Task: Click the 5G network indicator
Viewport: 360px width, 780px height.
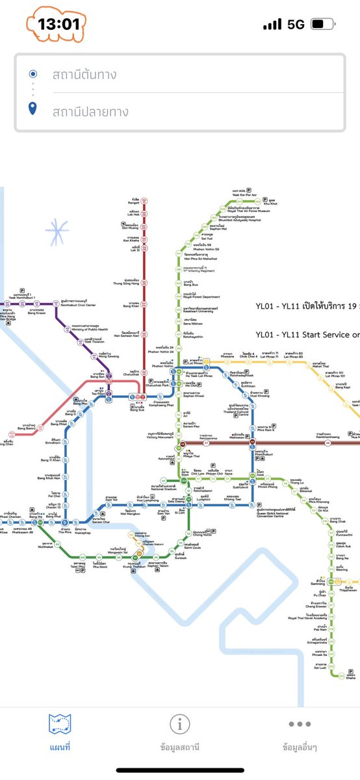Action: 296,25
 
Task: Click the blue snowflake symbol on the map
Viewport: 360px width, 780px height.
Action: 57,231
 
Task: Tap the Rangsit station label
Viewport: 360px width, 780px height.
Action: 135,202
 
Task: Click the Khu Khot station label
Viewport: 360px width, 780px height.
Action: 269,203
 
